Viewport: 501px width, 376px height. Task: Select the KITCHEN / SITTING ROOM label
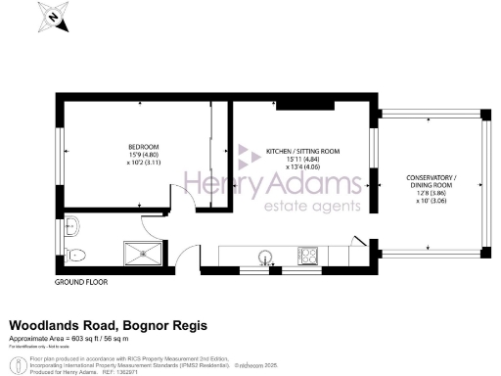[x=302, y=152]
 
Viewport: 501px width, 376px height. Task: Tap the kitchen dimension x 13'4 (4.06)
[x=302, y=167]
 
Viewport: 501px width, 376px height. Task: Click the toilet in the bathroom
[x=80, y=254]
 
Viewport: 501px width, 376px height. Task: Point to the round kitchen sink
[x=262, y=257]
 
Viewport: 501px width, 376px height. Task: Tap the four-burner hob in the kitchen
[x=307, y=256]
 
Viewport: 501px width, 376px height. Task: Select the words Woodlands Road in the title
[x=58, y=324]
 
